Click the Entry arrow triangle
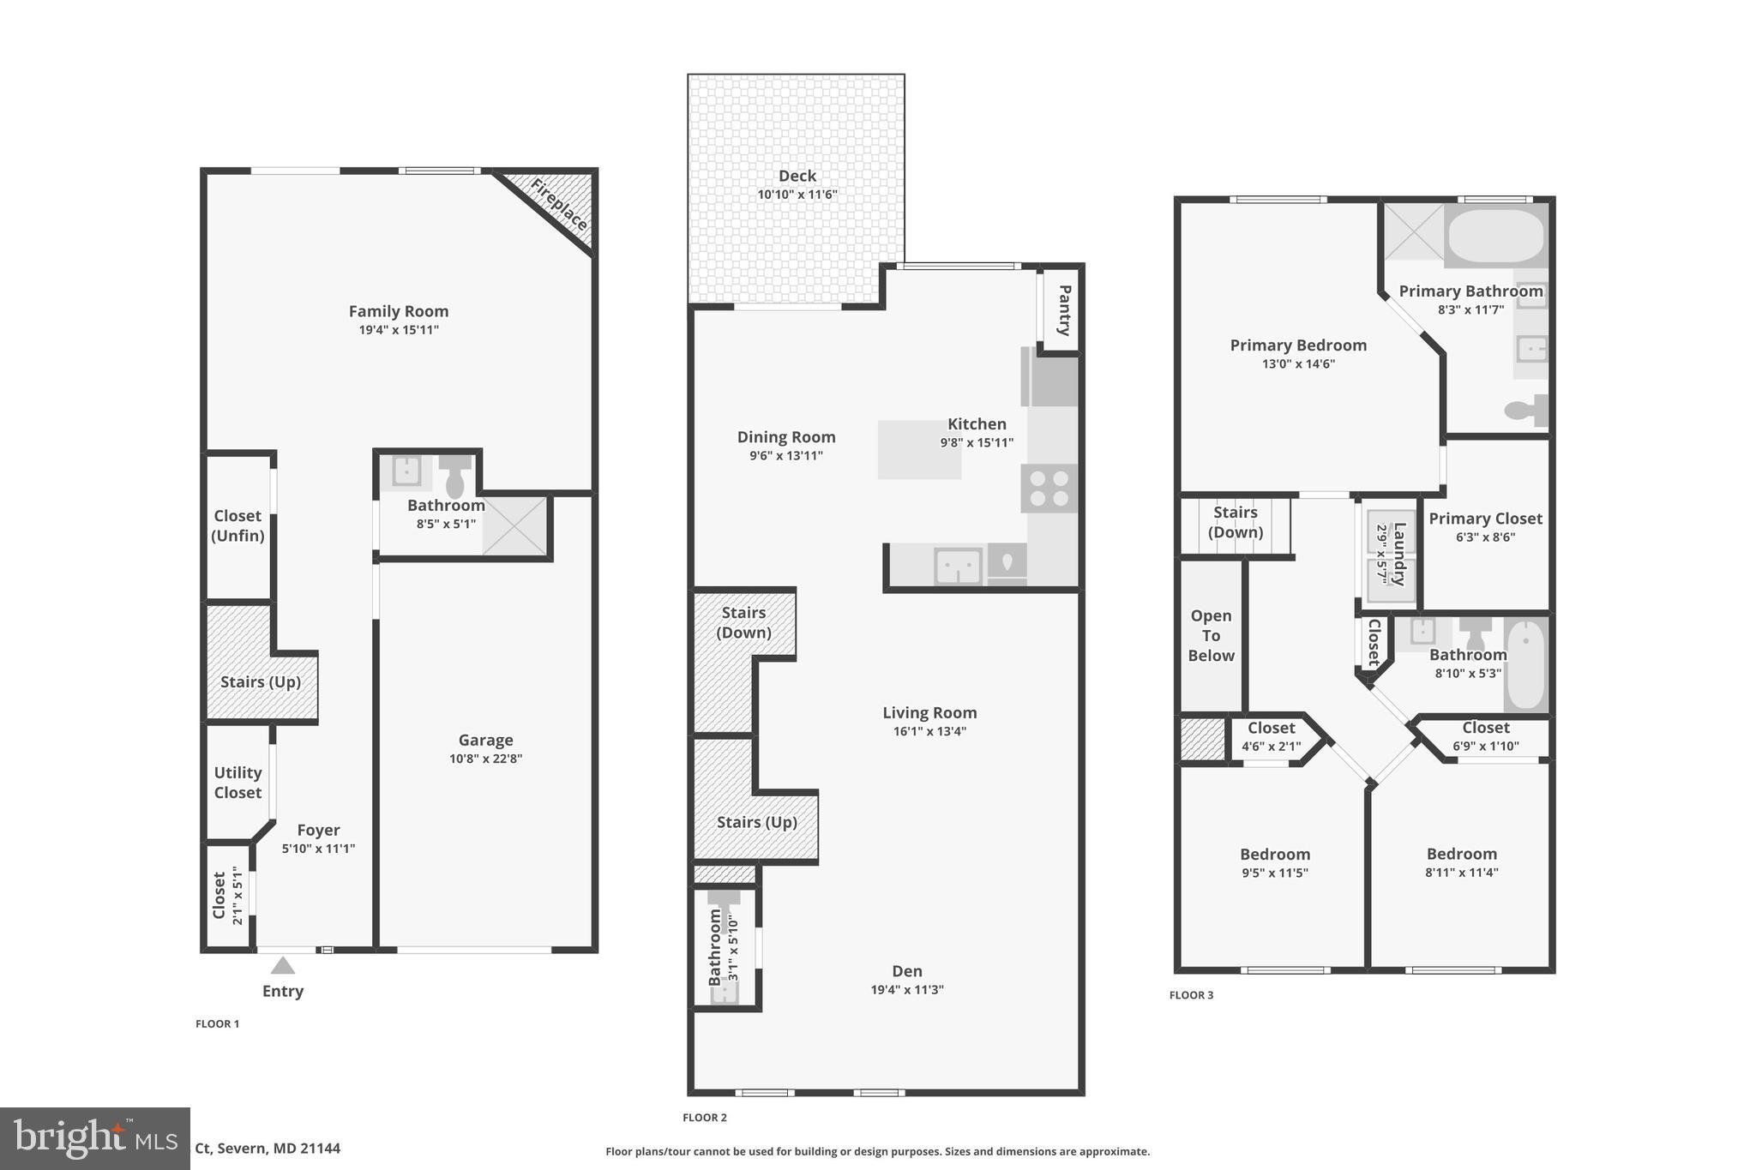[283, 966]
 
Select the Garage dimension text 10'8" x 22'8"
[485, 759]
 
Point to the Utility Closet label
[238, 783]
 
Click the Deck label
[797, 176]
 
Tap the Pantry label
[1064, 310]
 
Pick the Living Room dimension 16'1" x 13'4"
[929, 731]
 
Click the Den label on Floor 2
[907, 971]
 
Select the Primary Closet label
[1485, 519]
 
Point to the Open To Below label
[1211, 635]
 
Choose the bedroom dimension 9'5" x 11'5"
[1274, 873]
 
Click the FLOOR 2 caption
[705, 1118]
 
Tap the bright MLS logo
[95, 1138]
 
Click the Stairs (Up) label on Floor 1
[261, 682]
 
